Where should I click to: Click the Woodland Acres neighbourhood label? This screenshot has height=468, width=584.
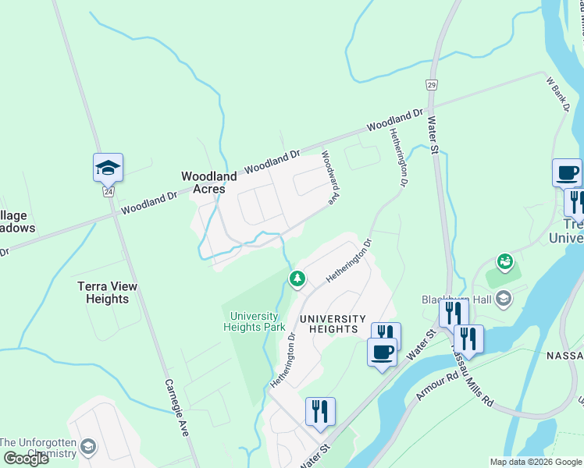(x=209, y=183)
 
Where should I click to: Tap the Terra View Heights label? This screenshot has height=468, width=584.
(x=108, y=292)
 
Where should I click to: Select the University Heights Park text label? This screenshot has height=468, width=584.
(x=258, y=321)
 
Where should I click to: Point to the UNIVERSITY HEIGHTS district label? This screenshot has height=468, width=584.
(x=333, y=324)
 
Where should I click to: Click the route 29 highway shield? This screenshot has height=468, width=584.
(x=432, y=83)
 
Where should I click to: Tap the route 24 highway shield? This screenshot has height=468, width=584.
(x=108, y=191)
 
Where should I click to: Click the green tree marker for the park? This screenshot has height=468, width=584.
(x=297, y=278)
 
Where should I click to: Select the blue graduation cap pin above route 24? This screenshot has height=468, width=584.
(x=108, y=167)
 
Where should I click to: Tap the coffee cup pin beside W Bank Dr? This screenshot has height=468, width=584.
(x=567, y=172)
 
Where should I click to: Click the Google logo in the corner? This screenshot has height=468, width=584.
(x=26, y=459)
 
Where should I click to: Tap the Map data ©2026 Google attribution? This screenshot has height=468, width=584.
(x=536, y=462)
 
